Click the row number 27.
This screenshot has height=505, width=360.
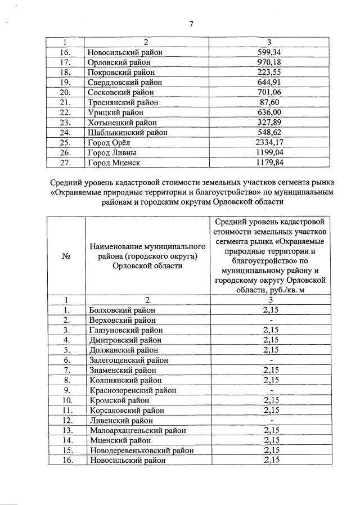66,163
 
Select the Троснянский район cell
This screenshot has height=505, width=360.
123,102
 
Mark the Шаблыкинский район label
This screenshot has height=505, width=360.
128,133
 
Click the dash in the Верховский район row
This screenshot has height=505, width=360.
271,320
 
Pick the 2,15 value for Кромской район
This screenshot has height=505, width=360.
271,400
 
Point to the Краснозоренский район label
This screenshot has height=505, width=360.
133,390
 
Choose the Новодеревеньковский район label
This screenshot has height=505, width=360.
141,450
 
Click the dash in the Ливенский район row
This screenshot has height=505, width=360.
271,420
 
